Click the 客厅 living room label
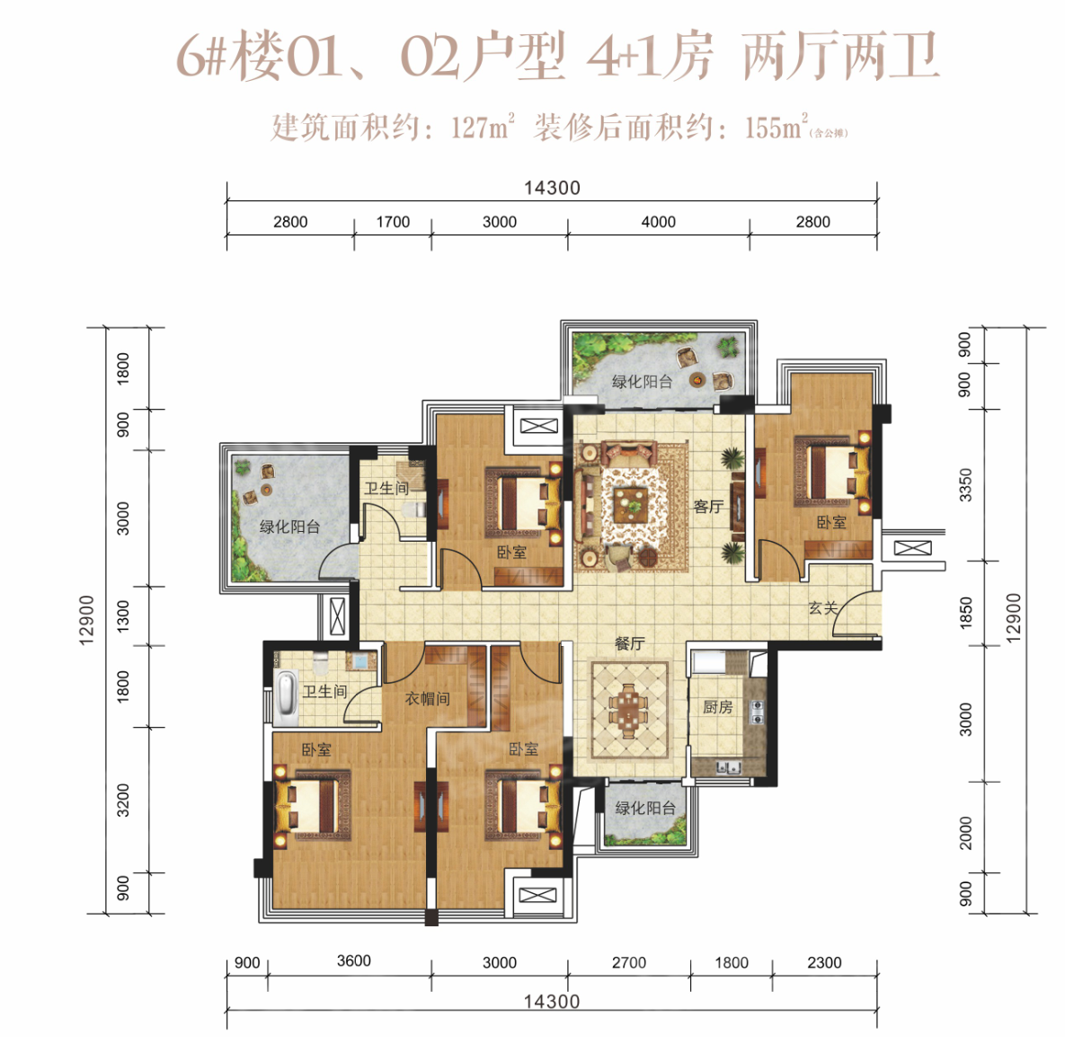pyautogui.click(x=708, y=507)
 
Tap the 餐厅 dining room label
pyautogui.click(x=630, y=643)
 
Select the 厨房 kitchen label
pyautogui.click(x=718, y=707)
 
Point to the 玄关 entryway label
pyautogui.click(x=823, y=607)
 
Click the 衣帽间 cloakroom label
pyautogui.click(x=427, y=699)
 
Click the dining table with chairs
pyautogui.click(x=629, y=710)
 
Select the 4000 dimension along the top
pyautogui.click(x=658, y=222)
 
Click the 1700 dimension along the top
pyautogui.click(x=393, y=222)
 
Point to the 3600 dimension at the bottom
pyautogui.click(x=354, y=960)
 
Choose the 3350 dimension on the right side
pyautogui.click(x=965, y=485)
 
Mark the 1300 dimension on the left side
pyautogui.click(x=123, y=615)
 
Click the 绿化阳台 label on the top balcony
pyautogui.click(x=642, y=382)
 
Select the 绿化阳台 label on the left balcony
pyautogui.click(x=290, y=526)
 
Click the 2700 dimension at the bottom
pyautogui.click(x=629, y=962)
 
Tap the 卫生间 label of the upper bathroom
pyautogui.click(x=386, y=488)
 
